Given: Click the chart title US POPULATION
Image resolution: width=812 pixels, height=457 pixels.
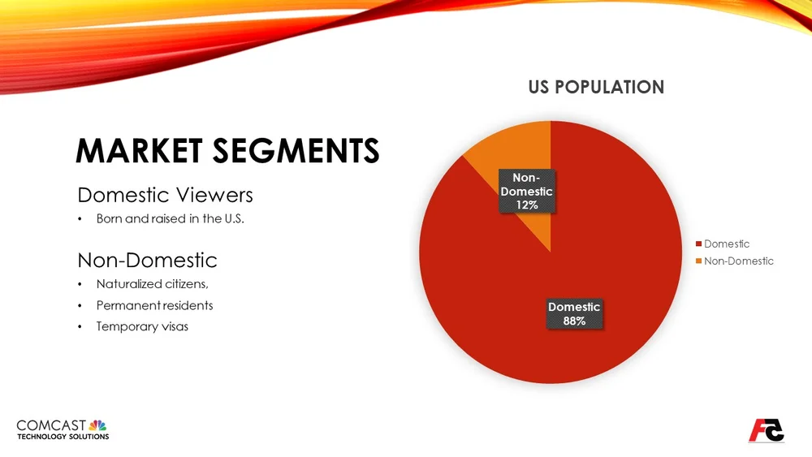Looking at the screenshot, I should [x=596, y=87].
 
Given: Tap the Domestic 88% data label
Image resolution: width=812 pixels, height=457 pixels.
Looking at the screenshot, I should [x=574, y=313].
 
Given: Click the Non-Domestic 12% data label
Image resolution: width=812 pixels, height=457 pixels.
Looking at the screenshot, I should [x=526, y=192].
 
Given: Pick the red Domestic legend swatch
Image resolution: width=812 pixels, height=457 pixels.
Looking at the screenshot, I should [x=698, y=244].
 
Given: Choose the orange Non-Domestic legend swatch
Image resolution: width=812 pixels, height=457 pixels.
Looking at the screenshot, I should [x=698, y=261].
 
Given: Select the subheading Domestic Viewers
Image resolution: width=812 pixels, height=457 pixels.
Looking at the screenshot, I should [x=165, y=195].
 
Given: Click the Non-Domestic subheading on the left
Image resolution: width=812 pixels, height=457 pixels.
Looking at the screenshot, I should [x=147, y=260].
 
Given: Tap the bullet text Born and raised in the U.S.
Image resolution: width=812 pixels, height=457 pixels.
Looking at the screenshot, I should [x=170, y=219].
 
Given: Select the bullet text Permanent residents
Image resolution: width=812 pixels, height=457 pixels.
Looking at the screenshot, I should [x=154, y=305].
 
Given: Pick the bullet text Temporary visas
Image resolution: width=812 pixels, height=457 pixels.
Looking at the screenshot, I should [x=142, y=326].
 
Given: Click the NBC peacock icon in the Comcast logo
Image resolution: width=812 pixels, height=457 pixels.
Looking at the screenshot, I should [x=98, y=425].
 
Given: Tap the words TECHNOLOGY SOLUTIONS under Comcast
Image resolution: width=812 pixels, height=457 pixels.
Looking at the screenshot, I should [x=63, y=437].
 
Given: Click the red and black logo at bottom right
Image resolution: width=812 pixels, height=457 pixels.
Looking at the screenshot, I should [x=766, y=429].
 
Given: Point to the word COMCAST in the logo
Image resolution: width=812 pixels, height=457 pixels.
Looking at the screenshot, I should [x=51, y=425].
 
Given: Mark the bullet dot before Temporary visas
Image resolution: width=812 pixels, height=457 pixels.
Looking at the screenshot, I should [x=80, y=326].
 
